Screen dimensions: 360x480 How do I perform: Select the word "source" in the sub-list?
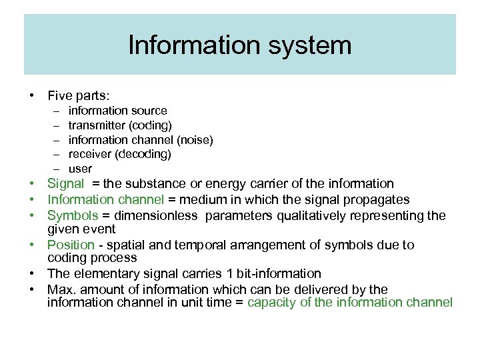pos(149,111)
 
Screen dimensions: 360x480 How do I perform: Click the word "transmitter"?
pos(97,125)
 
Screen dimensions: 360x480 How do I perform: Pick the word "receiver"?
pos(89,155)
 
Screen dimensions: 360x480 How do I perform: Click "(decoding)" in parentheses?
pos(143,155)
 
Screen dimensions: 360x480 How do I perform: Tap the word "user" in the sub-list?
pos(80,169)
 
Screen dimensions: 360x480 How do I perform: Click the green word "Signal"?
pos(65,184)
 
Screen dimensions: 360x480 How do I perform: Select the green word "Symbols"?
pos(72,216)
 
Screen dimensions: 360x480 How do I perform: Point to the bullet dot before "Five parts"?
pos(31,96)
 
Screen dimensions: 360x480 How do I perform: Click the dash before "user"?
pos(57,169)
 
